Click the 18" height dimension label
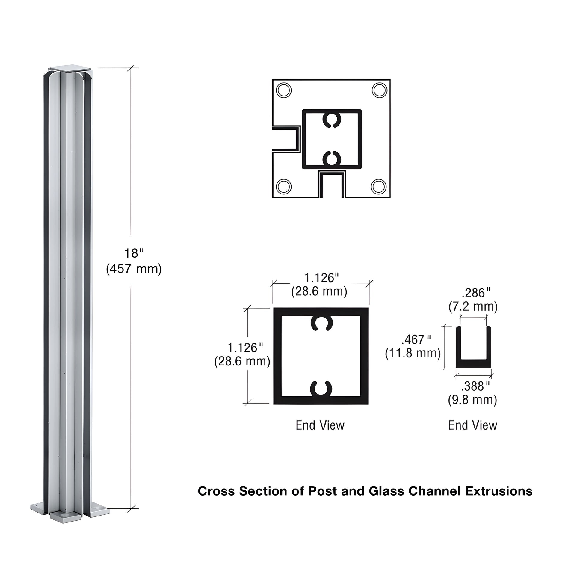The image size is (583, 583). click(133, 253)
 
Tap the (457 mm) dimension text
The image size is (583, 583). click(134, 268)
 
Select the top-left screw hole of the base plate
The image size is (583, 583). click(284, 90)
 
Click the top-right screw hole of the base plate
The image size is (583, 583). click(379, 90)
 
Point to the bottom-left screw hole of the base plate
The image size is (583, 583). click(284, 186)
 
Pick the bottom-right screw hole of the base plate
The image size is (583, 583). click(379, 186)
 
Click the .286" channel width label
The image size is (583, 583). click(476, 293)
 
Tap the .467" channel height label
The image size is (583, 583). click(416, 340)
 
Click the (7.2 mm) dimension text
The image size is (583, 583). click(473, 306)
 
